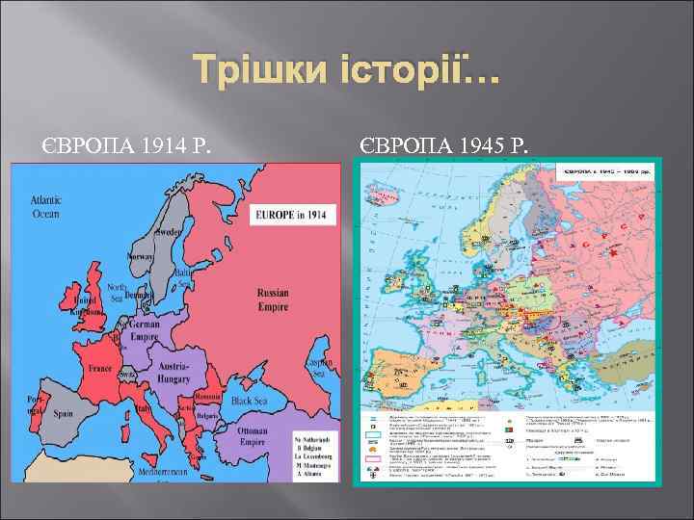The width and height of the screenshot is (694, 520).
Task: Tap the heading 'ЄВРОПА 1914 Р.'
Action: [125, 147]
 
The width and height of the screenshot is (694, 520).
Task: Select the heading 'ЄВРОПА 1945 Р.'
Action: [443, 147]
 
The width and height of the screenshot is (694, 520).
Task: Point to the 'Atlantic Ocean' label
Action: [45, 207]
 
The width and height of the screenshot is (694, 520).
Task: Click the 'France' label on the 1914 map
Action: [99, 367]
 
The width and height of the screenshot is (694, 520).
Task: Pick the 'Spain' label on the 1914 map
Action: [63, 413]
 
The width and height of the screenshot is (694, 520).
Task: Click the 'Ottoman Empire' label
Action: [253, 436]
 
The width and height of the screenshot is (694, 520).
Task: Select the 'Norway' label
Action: [142, 257]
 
